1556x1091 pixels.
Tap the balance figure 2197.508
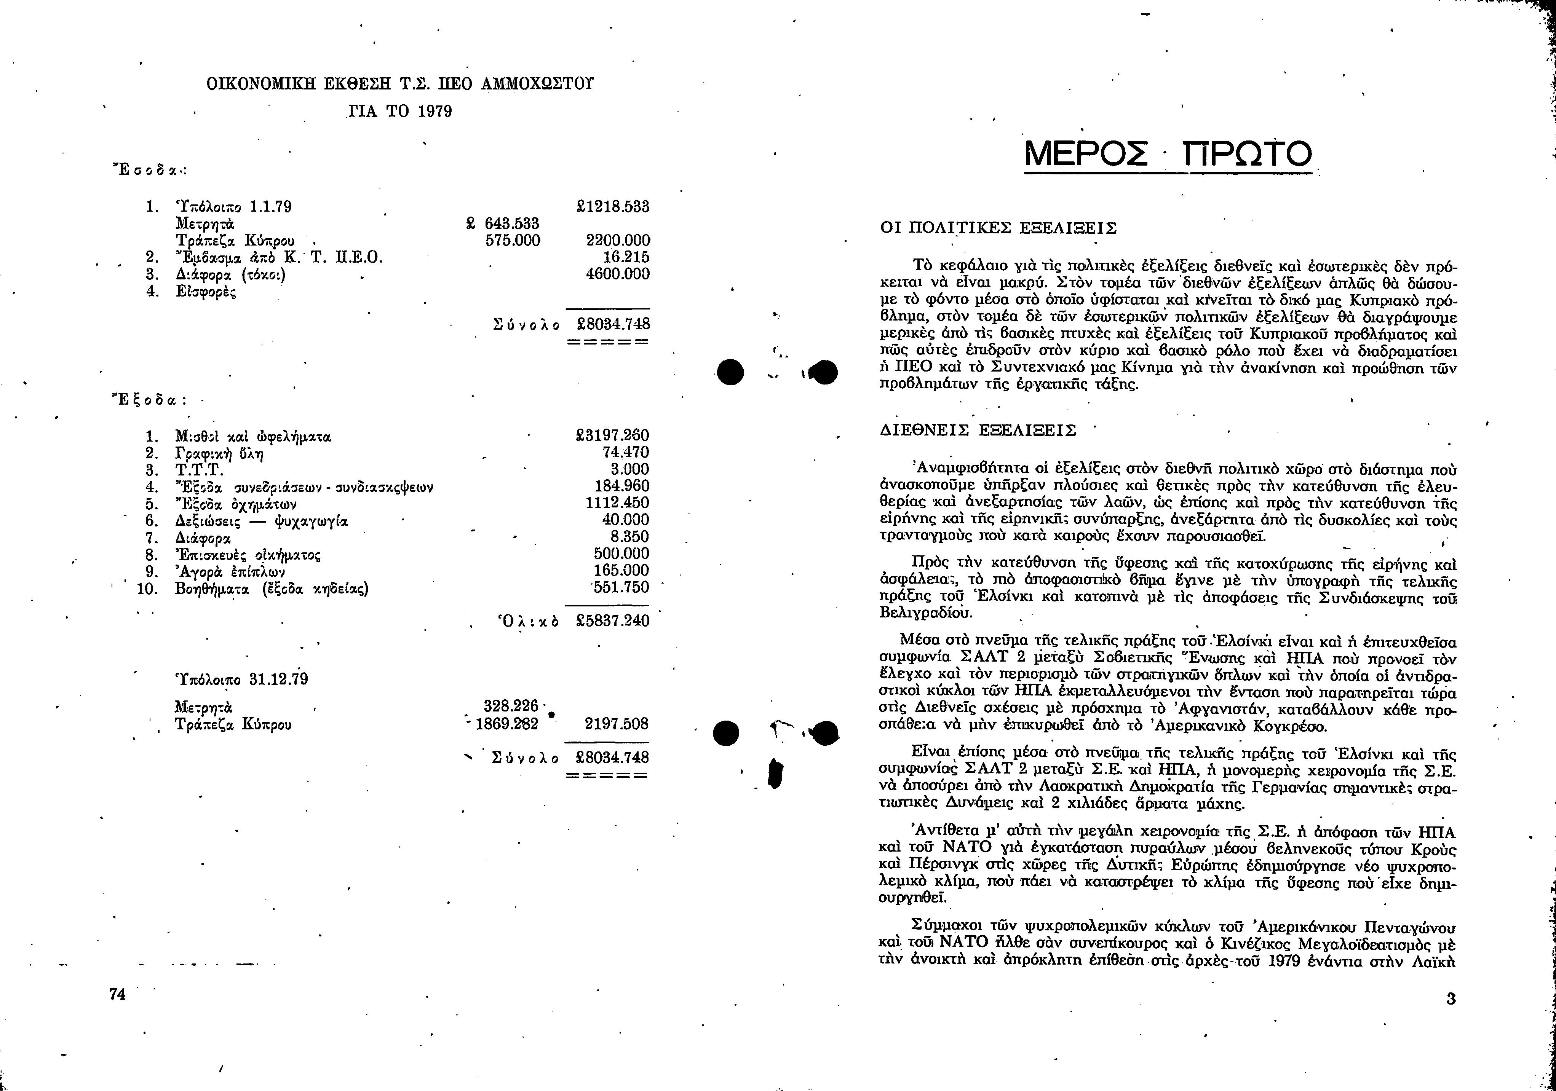coord(617,724)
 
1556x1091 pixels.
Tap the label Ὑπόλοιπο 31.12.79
coord(241,679)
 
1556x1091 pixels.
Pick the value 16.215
coord(626,257)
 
